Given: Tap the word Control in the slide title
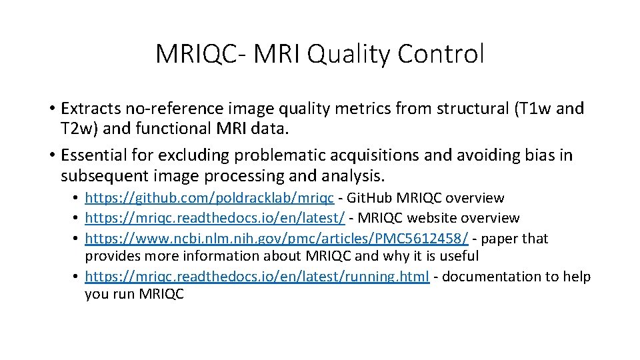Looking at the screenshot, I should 442,54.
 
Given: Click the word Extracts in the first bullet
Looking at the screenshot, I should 89,108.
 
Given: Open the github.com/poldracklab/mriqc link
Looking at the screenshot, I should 209,198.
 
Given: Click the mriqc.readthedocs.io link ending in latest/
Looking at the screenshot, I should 215,218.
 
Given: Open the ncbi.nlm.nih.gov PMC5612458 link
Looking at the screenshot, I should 277,239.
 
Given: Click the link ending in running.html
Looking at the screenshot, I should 257,277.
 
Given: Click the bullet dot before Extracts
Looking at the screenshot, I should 51,109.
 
